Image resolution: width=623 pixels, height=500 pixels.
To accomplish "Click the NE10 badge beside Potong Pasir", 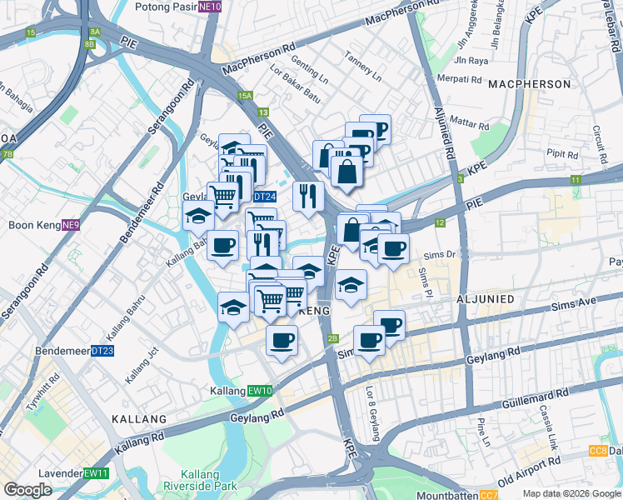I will pyautogui.click(x=211, y=7).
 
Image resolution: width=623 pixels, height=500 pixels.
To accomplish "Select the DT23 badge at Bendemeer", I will pyautogui.click(x=102, y=351).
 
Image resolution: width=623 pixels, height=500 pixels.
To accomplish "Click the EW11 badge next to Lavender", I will pyautogui.click(x=96, y=473).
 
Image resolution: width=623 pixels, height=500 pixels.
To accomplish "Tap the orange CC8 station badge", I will pyautogui.click(x=597, y=451).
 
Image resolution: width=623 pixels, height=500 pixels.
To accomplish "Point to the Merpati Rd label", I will pyautogui.click(x=459, y=80).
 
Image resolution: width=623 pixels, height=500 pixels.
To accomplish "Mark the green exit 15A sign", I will pyautogui.click(x=244, y=97).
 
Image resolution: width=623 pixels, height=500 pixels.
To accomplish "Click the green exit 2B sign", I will pyautogui.click(x=333, y=338).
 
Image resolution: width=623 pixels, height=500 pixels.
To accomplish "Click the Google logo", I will pyautogui.click(x=27, y=490).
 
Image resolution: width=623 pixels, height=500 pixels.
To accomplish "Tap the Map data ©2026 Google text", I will pyautogui.click(x=571, y=493).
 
